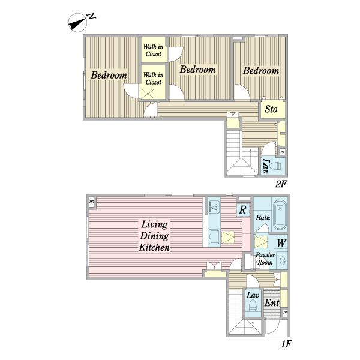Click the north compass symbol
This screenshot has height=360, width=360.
click(x=78, y=23)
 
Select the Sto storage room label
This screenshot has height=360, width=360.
click(x=271, y=109)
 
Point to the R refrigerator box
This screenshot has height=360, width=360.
click(x=243, y=209)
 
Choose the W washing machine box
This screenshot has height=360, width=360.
click(x=281, y=243)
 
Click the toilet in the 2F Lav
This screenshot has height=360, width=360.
click(x=276, y=166)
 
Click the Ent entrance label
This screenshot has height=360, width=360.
click(x=272, y=303)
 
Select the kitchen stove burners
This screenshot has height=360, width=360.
click(x=214, y=206)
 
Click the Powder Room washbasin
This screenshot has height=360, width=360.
click(x=282, y=260)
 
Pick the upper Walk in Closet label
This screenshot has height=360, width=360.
click(x=154, y=50)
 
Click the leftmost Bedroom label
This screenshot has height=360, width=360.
click(x=109, y=75)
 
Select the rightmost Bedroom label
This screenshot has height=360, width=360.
click(x=261, y=70)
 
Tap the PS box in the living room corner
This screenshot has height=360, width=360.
click(x=92, y=202)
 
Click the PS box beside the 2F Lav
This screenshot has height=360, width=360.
click(x=283, y=152)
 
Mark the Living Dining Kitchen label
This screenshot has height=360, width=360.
click(x=154, y=236)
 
